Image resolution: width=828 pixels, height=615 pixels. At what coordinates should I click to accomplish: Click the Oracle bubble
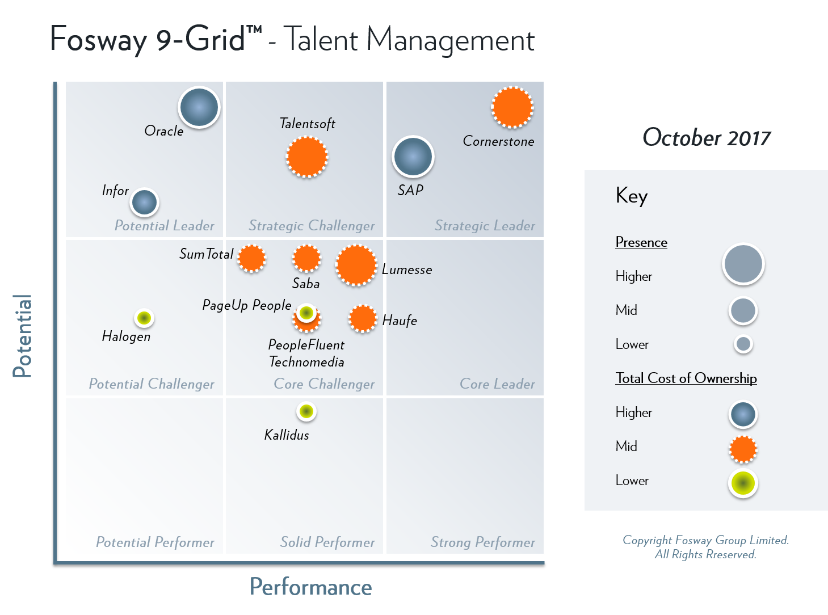click(x=199, y=107)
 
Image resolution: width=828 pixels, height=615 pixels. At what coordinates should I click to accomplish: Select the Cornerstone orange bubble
click(x=512, y=107)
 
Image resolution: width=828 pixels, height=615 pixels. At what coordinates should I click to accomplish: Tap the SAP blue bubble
click(x=413, y=157)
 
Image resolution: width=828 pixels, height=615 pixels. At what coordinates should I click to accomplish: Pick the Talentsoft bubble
click(x=306, y=157)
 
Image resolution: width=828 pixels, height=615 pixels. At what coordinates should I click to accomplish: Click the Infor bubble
click(x=144, y=202)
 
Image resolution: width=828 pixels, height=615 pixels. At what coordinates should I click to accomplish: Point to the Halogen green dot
click(x=144, y=318)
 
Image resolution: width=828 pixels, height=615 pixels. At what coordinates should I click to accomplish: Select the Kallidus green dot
click(x=306, y=411)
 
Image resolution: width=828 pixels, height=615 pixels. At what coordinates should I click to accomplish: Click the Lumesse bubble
click(x=356, y=265)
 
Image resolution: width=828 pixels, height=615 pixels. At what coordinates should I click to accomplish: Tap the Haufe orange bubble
click(x=362, y=318)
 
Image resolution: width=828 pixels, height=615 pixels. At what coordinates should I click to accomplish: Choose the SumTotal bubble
click(x=251, y=258)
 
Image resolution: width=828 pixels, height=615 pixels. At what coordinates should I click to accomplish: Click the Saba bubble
click(x=306, y=258)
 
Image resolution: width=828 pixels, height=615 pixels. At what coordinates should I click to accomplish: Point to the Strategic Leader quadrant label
click(x=485, y=226)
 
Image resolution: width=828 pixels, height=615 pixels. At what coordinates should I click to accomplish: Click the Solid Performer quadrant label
click(x=327, y=542)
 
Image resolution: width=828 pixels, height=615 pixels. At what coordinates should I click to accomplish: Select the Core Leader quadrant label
click(x=497, y=384)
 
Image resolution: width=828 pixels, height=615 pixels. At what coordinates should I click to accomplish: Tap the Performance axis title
click(x=310, y=587)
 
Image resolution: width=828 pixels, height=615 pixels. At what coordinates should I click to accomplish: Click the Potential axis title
click(x=23, y=336)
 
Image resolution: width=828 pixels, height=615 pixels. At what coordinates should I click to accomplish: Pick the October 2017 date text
click(x=707, y=138)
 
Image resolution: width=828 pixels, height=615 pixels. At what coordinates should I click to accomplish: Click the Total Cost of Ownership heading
click(x=686, y=378)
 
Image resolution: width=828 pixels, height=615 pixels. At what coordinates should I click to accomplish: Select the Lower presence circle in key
click(x=743, y=344)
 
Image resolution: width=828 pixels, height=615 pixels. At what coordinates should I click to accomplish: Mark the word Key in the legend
click(x=632, y=196)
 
